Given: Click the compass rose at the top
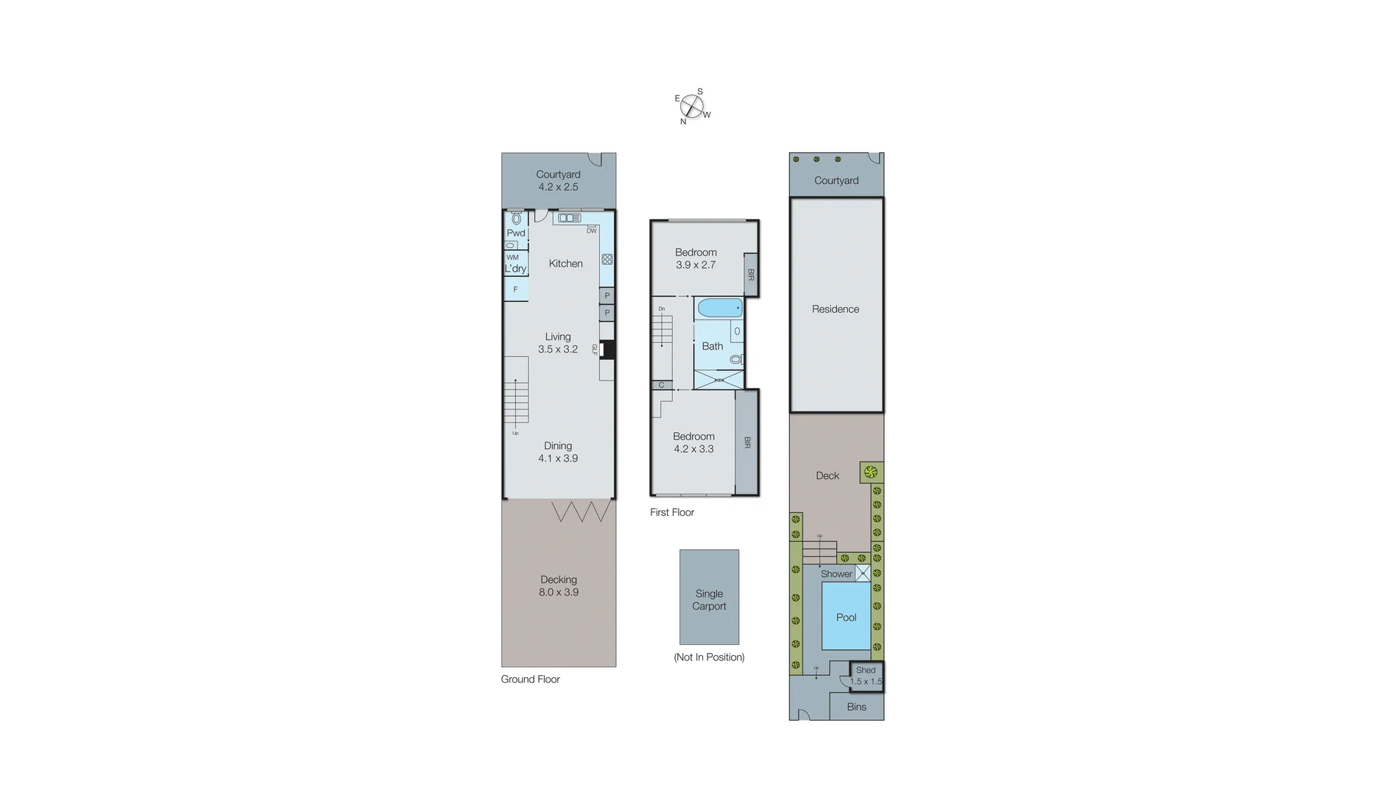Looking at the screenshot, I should [691, 107].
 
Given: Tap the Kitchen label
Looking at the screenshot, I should [565, 264].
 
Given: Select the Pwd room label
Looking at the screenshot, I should [515, 233].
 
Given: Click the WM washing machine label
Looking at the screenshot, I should [512, 258].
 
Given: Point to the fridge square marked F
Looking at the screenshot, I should [515, 289].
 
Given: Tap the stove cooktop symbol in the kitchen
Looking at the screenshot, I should [607, 259].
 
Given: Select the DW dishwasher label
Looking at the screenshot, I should [591, 231].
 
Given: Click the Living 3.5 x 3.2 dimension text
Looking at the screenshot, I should [558, 350].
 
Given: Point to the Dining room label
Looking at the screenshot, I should [558, 445].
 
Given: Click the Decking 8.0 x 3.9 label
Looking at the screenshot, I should [559, 586].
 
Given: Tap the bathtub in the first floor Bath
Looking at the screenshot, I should [719, 308].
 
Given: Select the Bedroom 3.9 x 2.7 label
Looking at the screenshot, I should [696, 258].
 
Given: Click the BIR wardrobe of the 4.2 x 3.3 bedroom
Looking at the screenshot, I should [747, 442].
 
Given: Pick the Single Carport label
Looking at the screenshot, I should [709, 600].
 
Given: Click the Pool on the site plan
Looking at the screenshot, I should [846, 617].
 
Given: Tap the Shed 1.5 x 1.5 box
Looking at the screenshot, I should [866, 676].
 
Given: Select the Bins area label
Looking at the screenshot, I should [856, 707].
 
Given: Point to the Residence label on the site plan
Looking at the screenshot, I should [836, 309].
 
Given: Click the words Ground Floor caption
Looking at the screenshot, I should [530, 679].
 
